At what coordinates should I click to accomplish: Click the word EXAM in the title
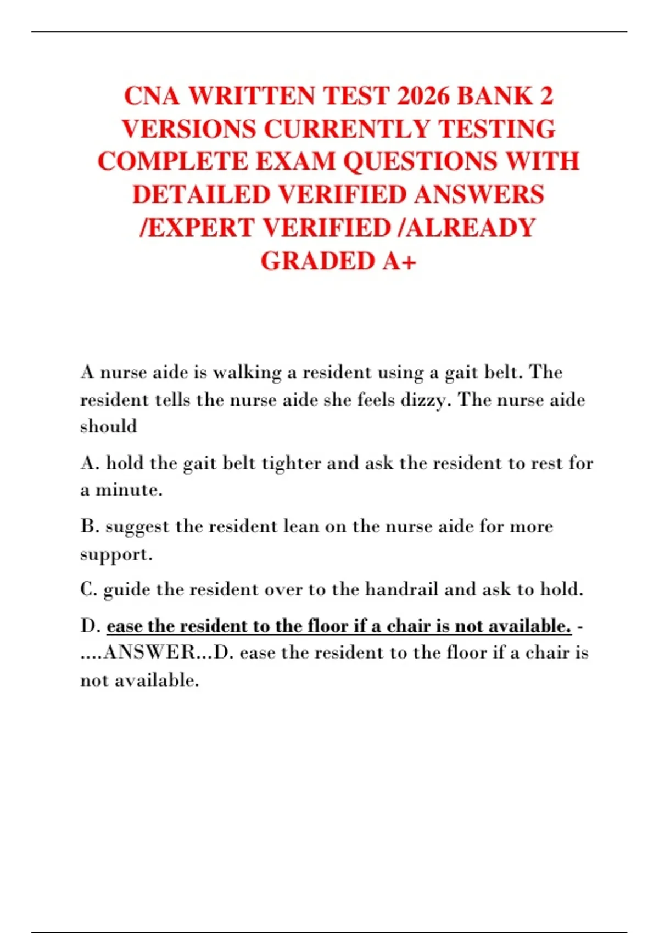click(x=296, y=162)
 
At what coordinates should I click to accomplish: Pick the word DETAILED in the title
click(x=202, y=195)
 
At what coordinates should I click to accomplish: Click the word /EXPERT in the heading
click(x=197, y=228)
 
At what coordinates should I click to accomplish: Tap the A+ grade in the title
click(x=399, y=261)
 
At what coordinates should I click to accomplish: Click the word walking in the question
click(x=247, y=373)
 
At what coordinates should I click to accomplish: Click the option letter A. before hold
click(x=90, y=463)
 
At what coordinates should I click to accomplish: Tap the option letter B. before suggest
click(x=90, y=526)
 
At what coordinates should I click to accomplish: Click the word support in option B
click(x=114, y=554)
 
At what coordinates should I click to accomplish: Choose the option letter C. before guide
click(x=89, y=589)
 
